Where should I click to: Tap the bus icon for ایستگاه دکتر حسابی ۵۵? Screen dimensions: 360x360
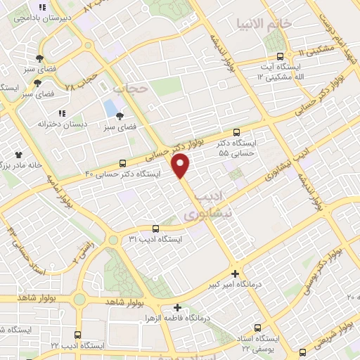[x=236, y=131]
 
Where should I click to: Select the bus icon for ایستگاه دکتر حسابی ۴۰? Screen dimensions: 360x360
[x=123, y=163]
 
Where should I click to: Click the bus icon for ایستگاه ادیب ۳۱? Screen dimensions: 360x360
[x=155, y=228]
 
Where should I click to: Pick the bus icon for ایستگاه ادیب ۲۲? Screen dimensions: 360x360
[x=77, y=334]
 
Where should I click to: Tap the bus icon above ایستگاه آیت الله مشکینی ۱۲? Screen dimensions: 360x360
[x=281, y=56]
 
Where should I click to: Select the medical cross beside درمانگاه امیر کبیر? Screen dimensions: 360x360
[x=235, y=274]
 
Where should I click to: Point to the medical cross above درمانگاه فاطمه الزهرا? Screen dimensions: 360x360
[x=178, y=307]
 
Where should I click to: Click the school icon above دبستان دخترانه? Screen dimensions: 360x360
[x=62, y=112]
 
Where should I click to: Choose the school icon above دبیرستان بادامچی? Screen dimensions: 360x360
[x=42, y=8]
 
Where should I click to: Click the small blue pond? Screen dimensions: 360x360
[x=111, y=108]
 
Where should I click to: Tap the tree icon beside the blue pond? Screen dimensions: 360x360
[x=121, y=117]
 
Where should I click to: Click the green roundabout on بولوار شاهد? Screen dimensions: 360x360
[x=79, y=300]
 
